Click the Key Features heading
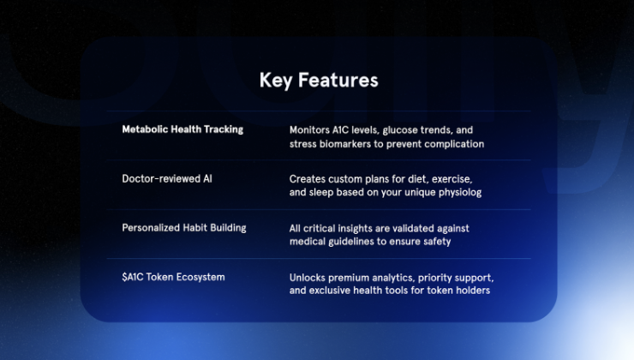pos(319,81)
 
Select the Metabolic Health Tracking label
pos(182,129)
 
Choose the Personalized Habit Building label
pos(184,228)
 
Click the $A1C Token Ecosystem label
pos(174,278)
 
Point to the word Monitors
pos(310,130)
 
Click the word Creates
pos(307,179)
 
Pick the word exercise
pos(450,179)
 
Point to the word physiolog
pos(460,193)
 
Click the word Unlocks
pos(308,278)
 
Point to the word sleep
pos(322,193)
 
